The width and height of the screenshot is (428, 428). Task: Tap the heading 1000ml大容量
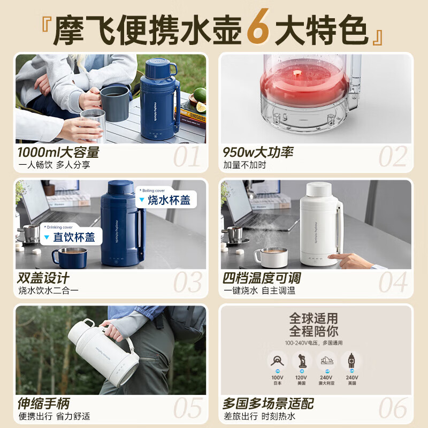click(58, 152)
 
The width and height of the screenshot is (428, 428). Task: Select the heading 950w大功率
click(258, 152)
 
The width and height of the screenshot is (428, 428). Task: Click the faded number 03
click(188, 282)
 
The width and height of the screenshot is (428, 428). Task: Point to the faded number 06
click(393, 409)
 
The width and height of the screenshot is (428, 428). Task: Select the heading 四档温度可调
click(262, 278)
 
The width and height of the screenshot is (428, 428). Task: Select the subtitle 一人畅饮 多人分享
click(54, 165)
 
